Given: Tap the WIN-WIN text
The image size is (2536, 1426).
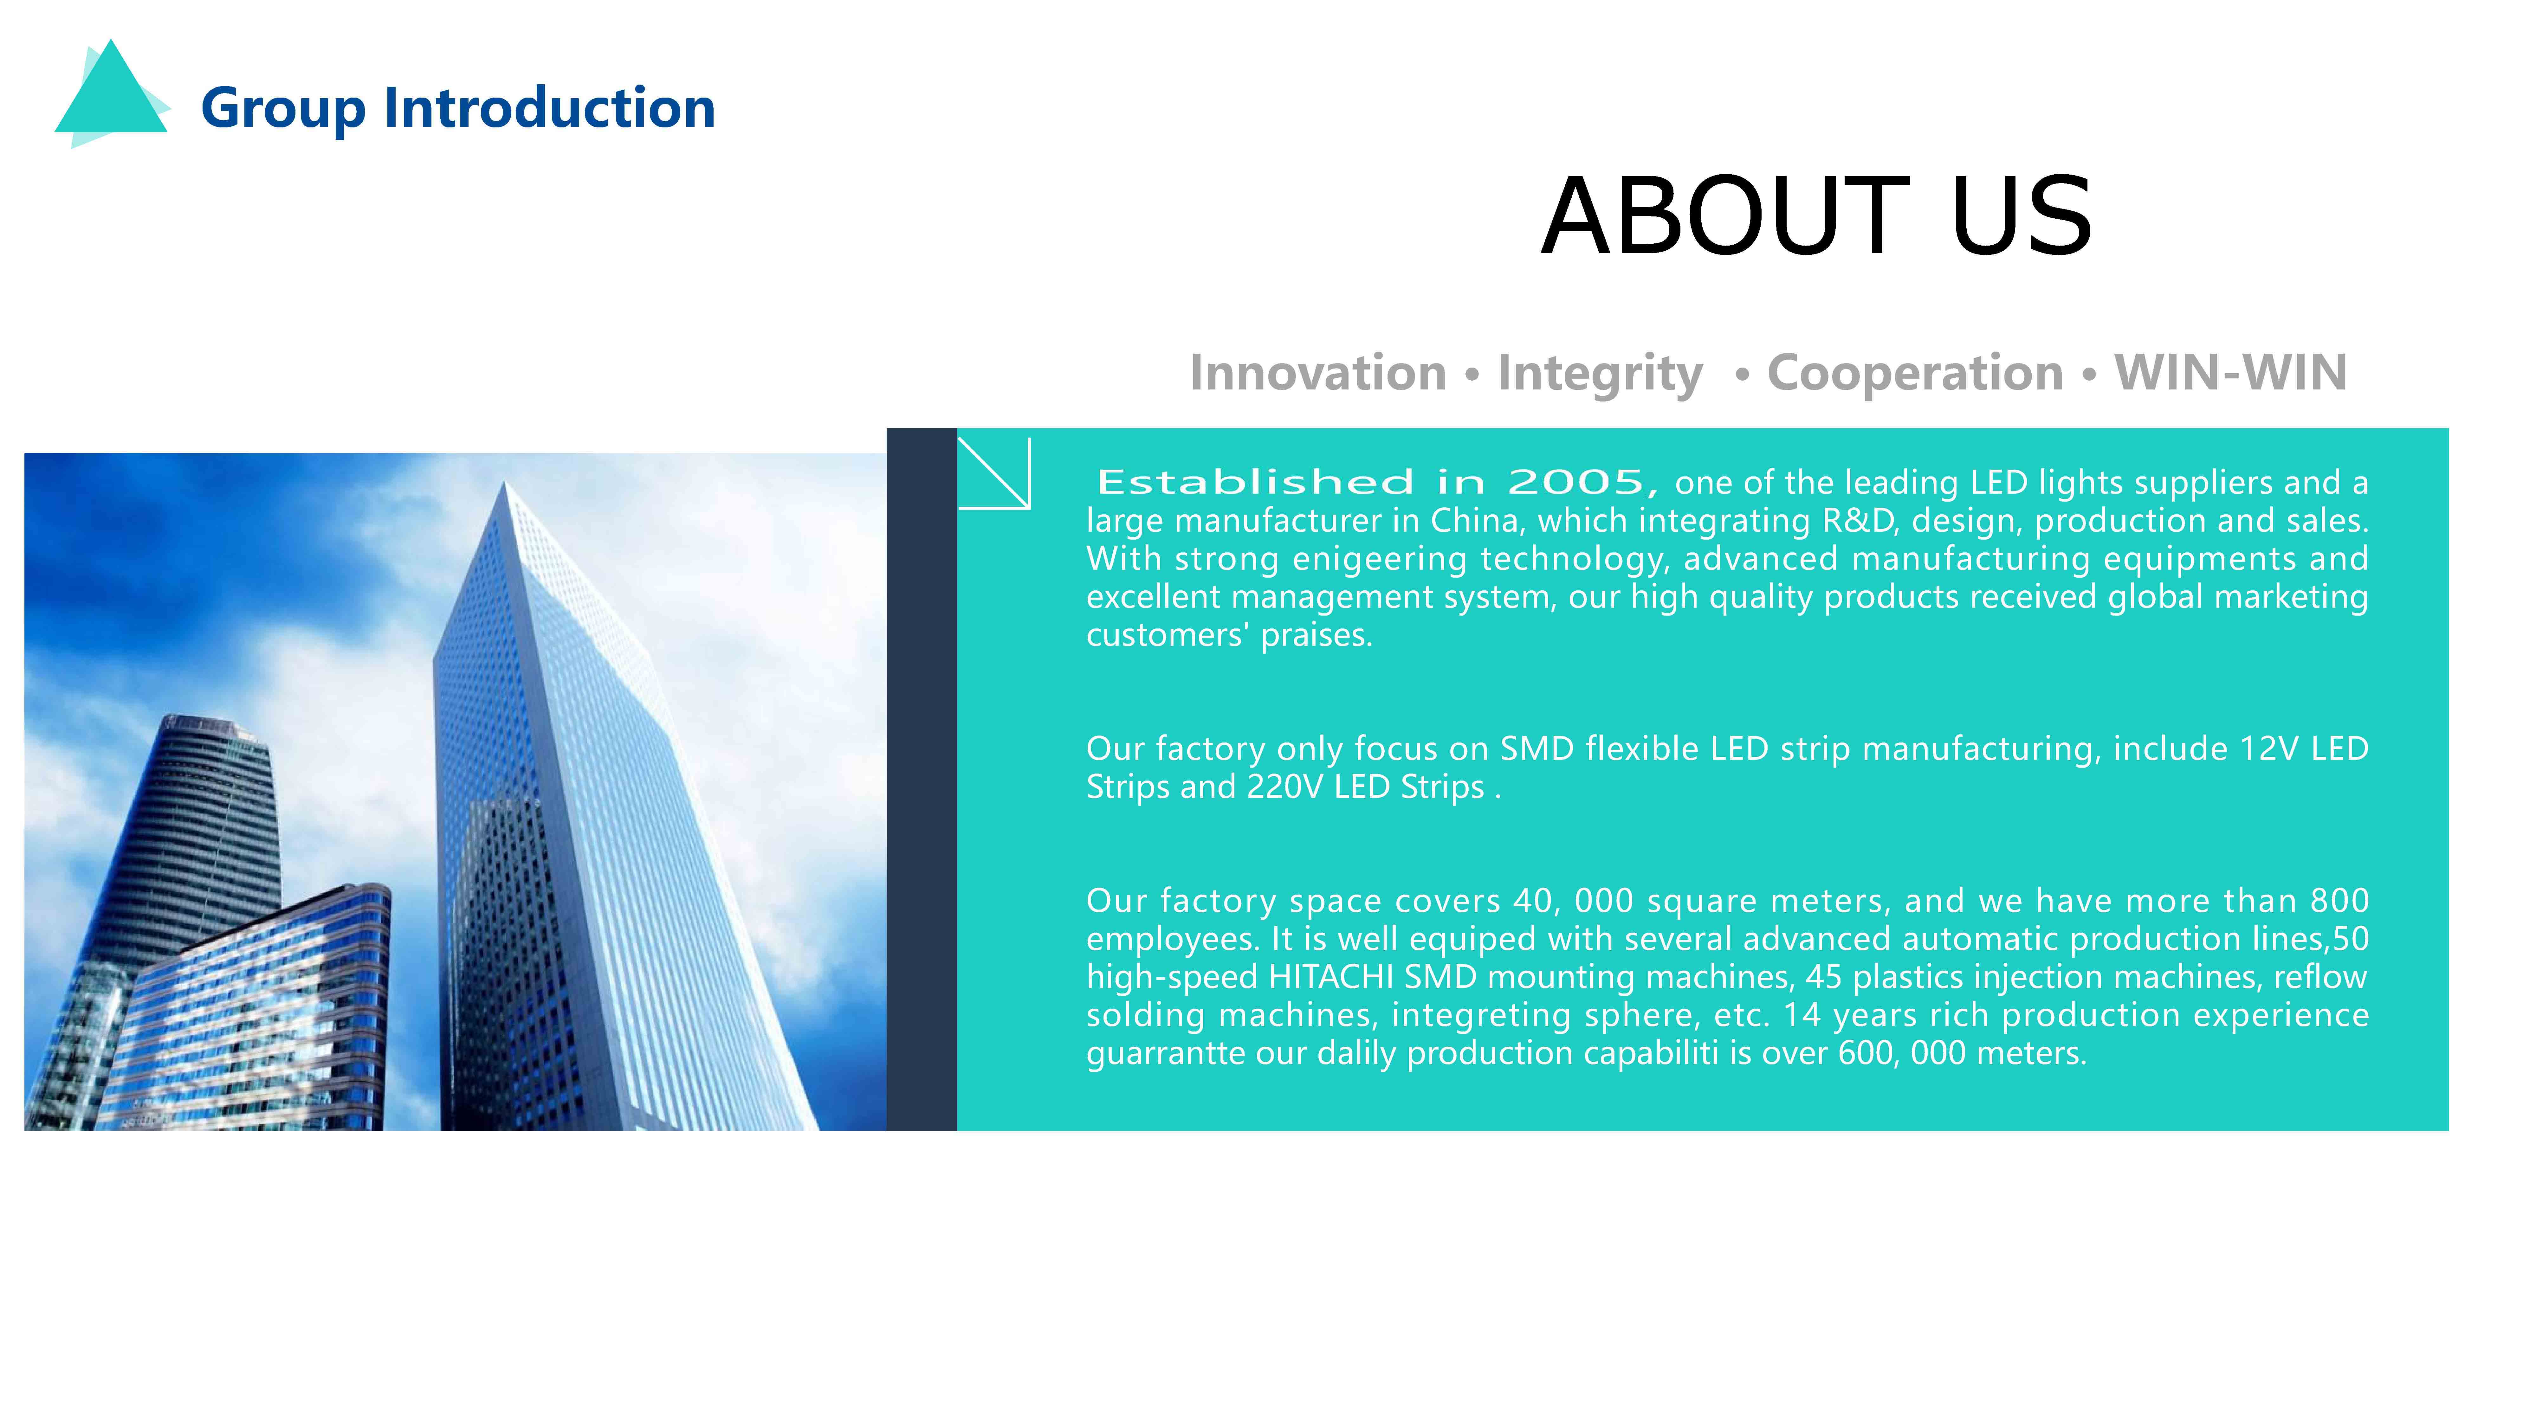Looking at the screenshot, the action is (x=2231, y=373).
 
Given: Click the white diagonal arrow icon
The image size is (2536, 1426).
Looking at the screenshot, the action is (x=994, y=473).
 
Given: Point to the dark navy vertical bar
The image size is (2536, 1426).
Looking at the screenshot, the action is (x=922, y=780).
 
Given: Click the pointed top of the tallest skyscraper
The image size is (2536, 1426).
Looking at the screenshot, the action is (x=504, y=482).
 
